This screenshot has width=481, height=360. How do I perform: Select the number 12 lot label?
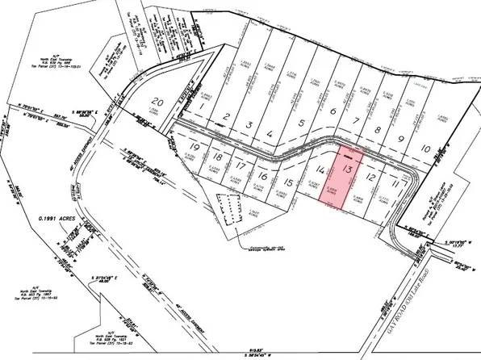(x=371, y=176)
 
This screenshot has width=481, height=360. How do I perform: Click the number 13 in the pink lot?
(x=348, y=169)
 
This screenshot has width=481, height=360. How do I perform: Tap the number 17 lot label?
(x=240, y=165)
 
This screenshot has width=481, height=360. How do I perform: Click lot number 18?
(x=217, y=156)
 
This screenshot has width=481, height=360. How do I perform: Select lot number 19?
(x=194, y=147)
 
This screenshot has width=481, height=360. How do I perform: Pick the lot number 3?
(x=251, y=125)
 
